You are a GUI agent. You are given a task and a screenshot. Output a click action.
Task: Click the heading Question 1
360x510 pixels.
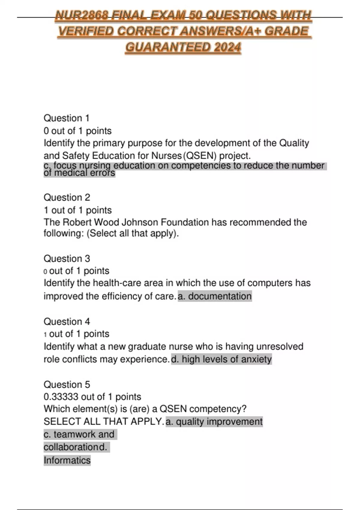67,118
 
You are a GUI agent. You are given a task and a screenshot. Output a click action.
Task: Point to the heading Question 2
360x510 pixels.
67,197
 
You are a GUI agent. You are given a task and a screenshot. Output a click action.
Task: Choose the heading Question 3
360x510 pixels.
67,258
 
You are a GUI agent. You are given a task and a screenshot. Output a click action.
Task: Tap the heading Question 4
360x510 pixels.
67,321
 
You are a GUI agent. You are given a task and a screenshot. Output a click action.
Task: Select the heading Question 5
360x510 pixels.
67,384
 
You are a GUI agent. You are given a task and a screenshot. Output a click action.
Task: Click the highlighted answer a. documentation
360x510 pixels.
215,296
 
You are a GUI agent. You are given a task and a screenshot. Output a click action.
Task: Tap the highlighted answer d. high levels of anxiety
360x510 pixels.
221,359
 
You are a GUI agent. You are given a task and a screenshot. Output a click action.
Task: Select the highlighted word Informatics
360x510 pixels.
67,460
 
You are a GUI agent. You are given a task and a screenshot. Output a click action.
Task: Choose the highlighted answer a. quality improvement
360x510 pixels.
214,421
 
